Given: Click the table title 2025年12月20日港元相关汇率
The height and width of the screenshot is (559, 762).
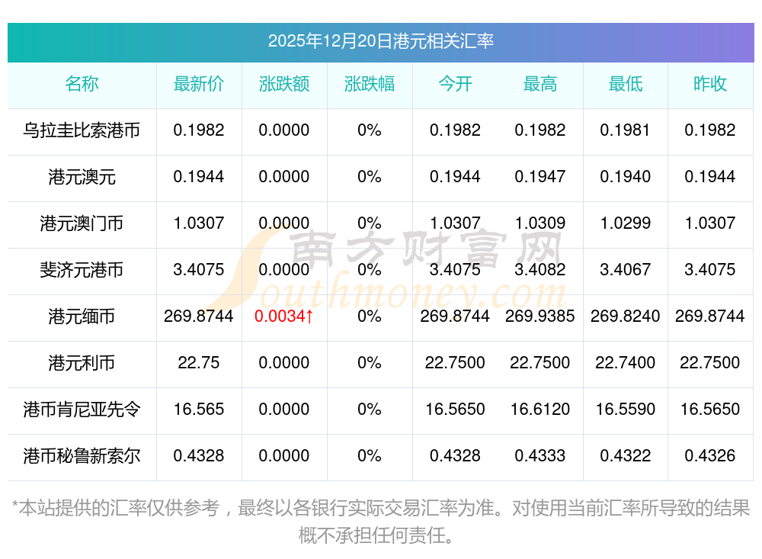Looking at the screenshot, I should click(380, 41).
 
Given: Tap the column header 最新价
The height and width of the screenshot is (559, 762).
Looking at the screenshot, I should click(199, 85).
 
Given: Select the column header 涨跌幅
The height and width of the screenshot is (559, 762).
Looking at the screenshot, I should click(370, 85).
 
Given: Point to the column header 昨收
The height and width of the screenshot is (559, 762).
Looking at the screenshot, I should click(710, 85).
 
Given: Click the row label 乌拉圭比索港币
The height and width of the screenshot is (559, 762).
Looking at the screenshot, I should click(82, 130).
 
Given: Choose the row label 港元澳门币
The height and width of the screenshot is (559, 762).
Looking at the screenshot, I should click(82, 223).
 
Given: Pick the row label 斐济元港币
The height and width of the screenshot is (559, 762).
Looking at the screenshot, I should click(82, 270).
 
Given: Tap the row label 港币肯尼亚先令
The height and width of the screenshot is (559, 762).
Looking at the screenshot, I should click(82, 410).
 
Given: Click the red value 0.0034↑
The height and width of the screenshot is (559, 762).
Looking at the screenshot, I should click(284, 316).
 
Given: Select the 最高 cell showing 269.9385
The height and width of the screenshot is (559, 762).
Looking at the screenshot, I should click(540, 316).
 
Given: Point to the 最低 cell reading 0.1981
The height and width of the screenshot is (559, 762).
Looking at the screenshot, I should click(626, 130).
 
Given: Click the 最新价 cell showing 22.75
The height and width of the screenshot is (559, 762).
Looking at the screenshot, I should click(199, 363).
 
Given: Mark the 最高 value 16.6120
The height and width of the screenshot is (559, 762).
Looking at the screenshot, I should click(540, 410).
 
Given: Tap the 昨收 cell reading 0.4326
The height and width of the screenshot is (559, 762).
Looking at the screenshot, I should click(710, 456).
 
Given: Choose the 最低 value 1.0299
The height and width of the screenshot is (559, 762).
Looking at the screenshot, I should click(626, 223).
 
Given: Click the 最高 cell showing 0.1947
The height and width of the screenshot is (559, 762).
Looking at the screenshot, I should click(540, 177).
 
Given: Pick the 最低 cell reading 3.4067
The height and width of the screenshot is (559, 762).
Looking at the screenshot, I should click(626, 270).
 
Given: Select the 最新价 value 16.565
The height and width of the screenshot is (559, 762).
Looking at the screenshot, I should click(199, 410).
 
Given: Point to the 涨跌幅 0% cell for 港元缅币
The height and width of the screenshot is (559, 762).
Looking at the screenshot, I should click(370, 316).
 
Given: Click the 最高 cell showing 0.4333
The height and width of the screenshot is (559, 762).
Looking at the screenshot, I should click(540, 456).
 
